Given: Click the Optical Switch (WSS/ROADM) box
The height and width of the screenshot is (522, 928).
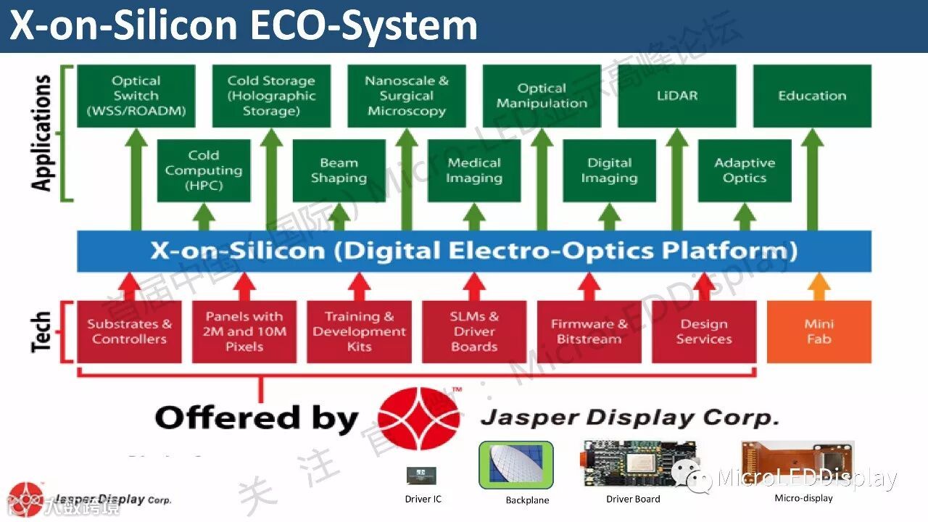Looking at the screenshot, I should point(136,96).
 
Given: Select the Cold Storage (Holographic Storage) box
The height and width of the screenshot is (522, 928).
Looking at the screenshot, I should point(271,96).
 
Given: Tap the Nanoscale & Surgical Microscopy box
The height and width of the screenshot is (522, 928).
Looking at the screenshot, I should point(407,96).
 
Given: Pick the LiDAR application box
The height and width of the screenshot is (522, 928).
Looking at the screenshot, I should point(676,96).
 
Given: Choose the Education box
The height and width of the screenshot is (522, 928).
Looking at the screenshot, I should point(812,96).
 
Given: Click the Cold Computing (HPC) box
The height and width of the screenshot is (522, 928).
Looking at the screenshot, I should point(204,171).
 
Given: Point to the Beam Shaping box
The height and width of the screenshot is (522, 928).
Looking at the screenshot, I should point(339,171).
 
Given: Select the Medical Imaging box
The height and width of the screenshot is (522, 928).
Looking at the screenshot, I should point(474,171).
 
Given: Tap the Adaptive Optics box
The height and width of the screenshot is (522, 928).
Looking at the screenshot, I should point(745,171).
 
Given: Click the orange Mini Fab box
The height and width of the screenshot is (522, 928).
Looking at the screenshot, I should point(819,331).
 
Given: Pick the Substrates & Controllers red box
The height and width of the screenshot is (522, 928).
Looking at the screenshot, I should point(129,331).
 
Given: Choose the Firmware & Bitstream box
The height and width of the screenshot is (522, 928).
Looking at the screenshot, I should point(589,331).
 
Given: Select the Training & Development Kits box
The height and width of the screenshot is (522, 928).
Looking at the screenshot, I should point(359,331).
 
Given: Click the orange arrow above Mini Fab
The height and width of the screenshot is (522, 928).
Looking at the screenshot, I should point(819,286).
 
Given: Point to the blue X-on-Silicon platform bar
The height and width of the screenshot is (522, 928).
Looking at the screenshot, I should point(474,251).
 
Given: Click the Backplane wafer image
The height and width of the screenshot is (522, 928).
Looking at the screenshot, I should point(515,465).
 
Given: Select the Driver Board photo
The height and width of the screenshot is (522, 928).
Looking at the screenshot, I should point(638,465).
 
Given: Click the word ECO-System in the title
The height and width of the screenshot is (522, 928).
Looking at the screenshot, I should point(362,26).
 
